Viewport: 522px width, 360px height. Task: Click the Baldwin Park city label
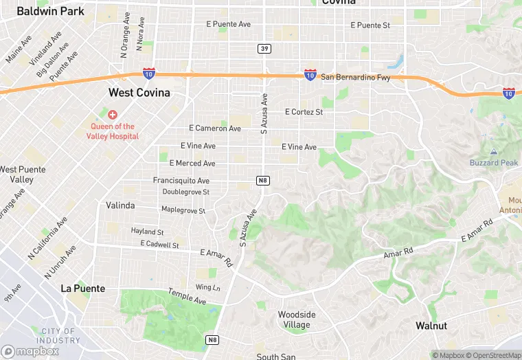(51, 11)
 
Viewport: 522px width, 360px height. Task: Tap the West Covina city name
(139, 92)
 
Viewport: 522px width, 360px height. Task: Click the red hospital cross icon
(112, 114)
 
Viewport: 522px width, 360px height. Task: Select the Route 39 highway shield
(264, 48)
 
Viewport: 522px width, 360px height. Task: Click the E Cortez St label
(304, 112)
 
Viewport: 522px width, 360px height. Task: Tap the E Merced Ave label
(192, 164)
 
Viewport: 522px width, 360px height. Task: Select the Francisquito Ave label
(181, 181)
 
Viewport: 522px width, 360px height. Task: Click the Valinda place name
(120, 205)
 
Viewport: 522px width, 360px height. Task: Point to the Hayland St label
(148, 232)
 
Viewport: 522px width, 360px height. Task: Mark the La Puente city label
(83, 289)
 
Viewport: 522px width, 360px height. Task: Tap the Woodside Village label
(297, 319)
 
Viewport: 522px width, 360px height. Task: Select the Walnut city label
(431, 326)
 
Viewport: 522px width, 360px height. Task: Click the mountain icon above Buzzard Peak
(493, 151)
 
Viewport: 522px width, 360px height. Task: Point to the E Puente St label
(370, 25)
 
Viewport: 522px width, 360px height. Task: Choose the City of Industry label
(59, 336)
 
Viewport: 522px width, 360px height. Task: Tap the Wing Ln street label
(208, 287)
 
